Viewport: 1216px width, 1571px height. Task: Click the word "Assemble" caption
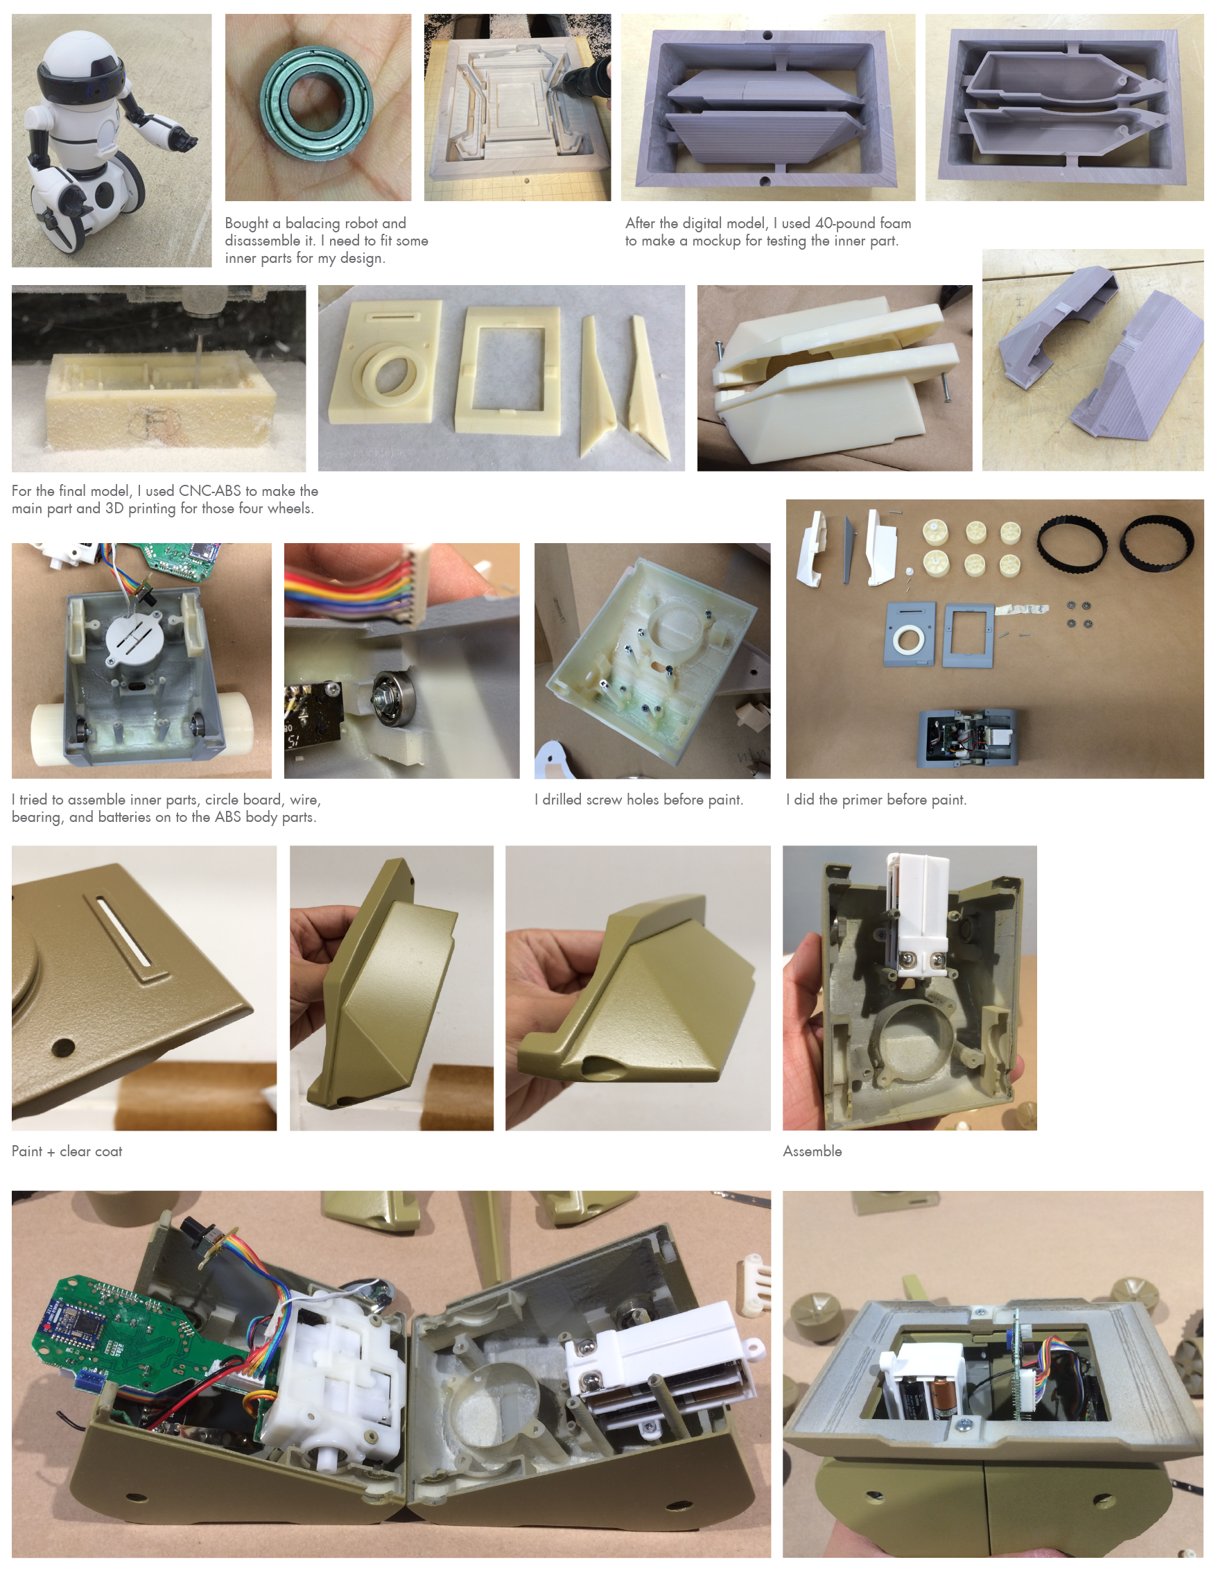point(812,1151)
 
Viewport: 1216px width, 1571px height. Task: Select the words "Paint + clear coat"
point(67,1151)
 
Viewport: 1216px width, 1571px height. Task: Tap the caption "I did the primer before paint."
point(876,800)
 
